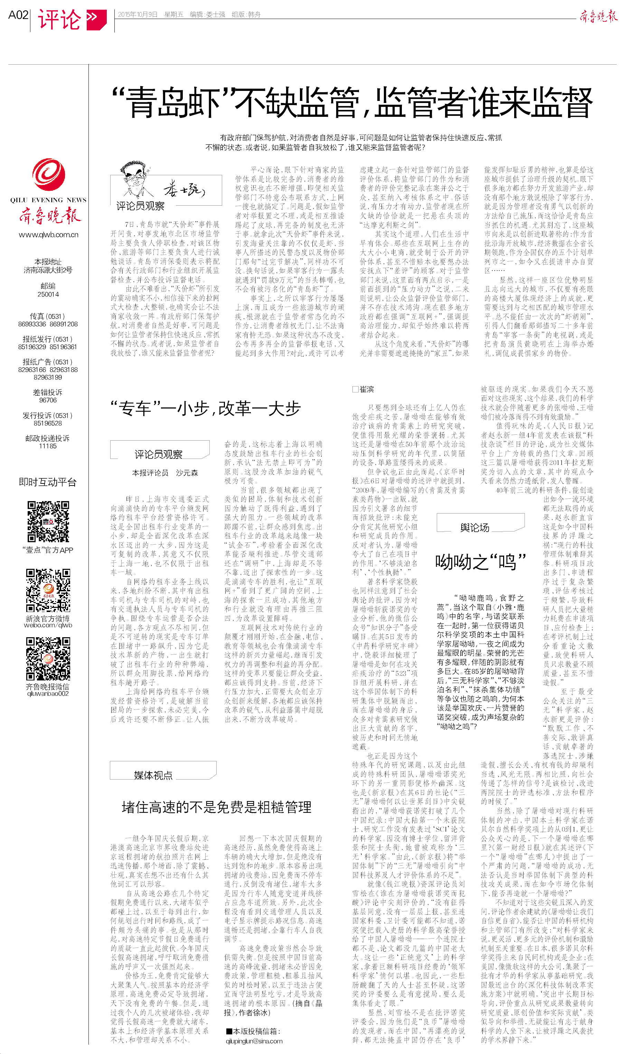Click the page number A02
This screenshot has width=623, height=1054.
point(18,15)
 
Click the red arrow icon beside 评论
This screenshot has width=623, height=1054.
point(96,19)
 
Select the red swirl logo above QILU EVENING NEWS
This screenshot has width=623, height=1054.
point(49,175)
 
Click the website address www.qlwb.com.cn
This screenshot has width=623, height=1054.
point(48,235)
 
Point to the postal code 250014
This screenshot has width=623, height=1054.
point(48,294)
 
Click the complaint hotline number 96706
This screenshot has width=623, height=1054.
point(48,400)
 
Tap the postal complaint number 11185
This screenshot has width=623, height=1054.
point(48,446)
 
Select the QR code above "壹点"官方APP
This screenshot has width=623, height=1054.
point(48,521)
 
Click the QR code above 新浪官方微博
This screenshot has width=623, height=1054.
point(48,590)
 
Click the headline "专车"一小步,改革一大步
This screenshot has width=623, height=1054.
point(206,408)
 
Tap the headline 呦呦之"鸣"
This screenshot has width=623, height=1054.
point(480,561)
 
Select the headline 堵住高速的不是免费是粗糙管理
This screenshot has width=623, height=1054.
point(216,807)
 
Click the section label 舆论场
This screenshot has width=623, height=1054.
point(475,528)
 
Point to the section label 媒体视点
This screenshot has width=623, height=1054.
point(153,775)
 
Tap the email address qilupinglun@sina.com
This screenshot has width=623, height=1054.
point(254,1041)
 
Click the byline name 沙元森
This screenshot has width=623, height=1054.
point(187,473)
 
